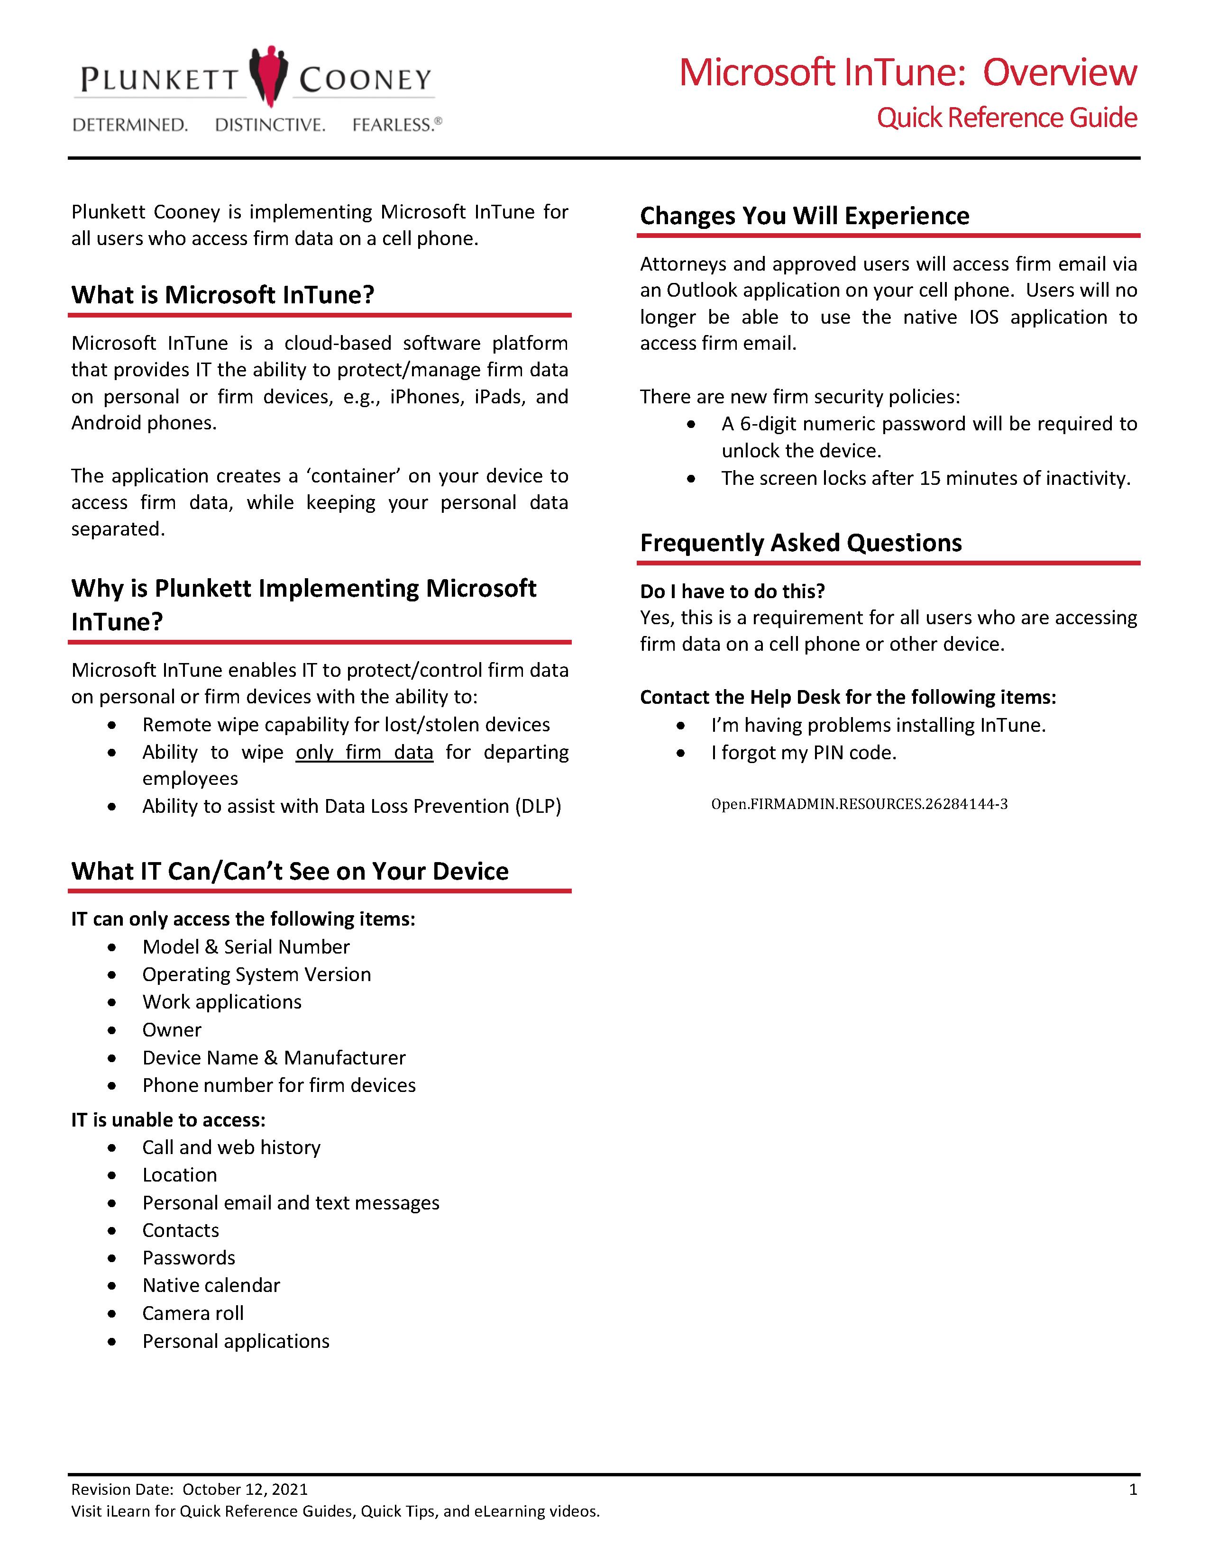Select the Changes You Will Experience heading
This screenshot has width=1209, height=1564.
pos(804,216)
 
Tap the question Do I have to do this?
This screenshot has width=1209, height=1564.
pos(732,591)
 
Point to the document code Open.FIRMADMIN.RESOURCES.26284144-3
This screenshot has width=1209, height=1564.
pos(859,804)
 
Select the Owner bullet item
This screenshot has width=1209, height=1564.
pos(172,1030)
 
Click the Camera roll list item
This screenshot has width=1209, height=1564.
pos(192,1313)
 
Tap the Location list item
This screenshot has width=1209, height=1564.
pos(179,1175)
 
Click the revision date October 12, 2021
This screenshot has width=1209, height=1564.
pos(245,1490)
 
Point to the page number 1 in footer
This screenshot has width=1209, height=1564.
pos(1132,1490)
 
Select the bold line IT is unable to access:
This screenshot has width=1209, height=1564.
pos(168,1120)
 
